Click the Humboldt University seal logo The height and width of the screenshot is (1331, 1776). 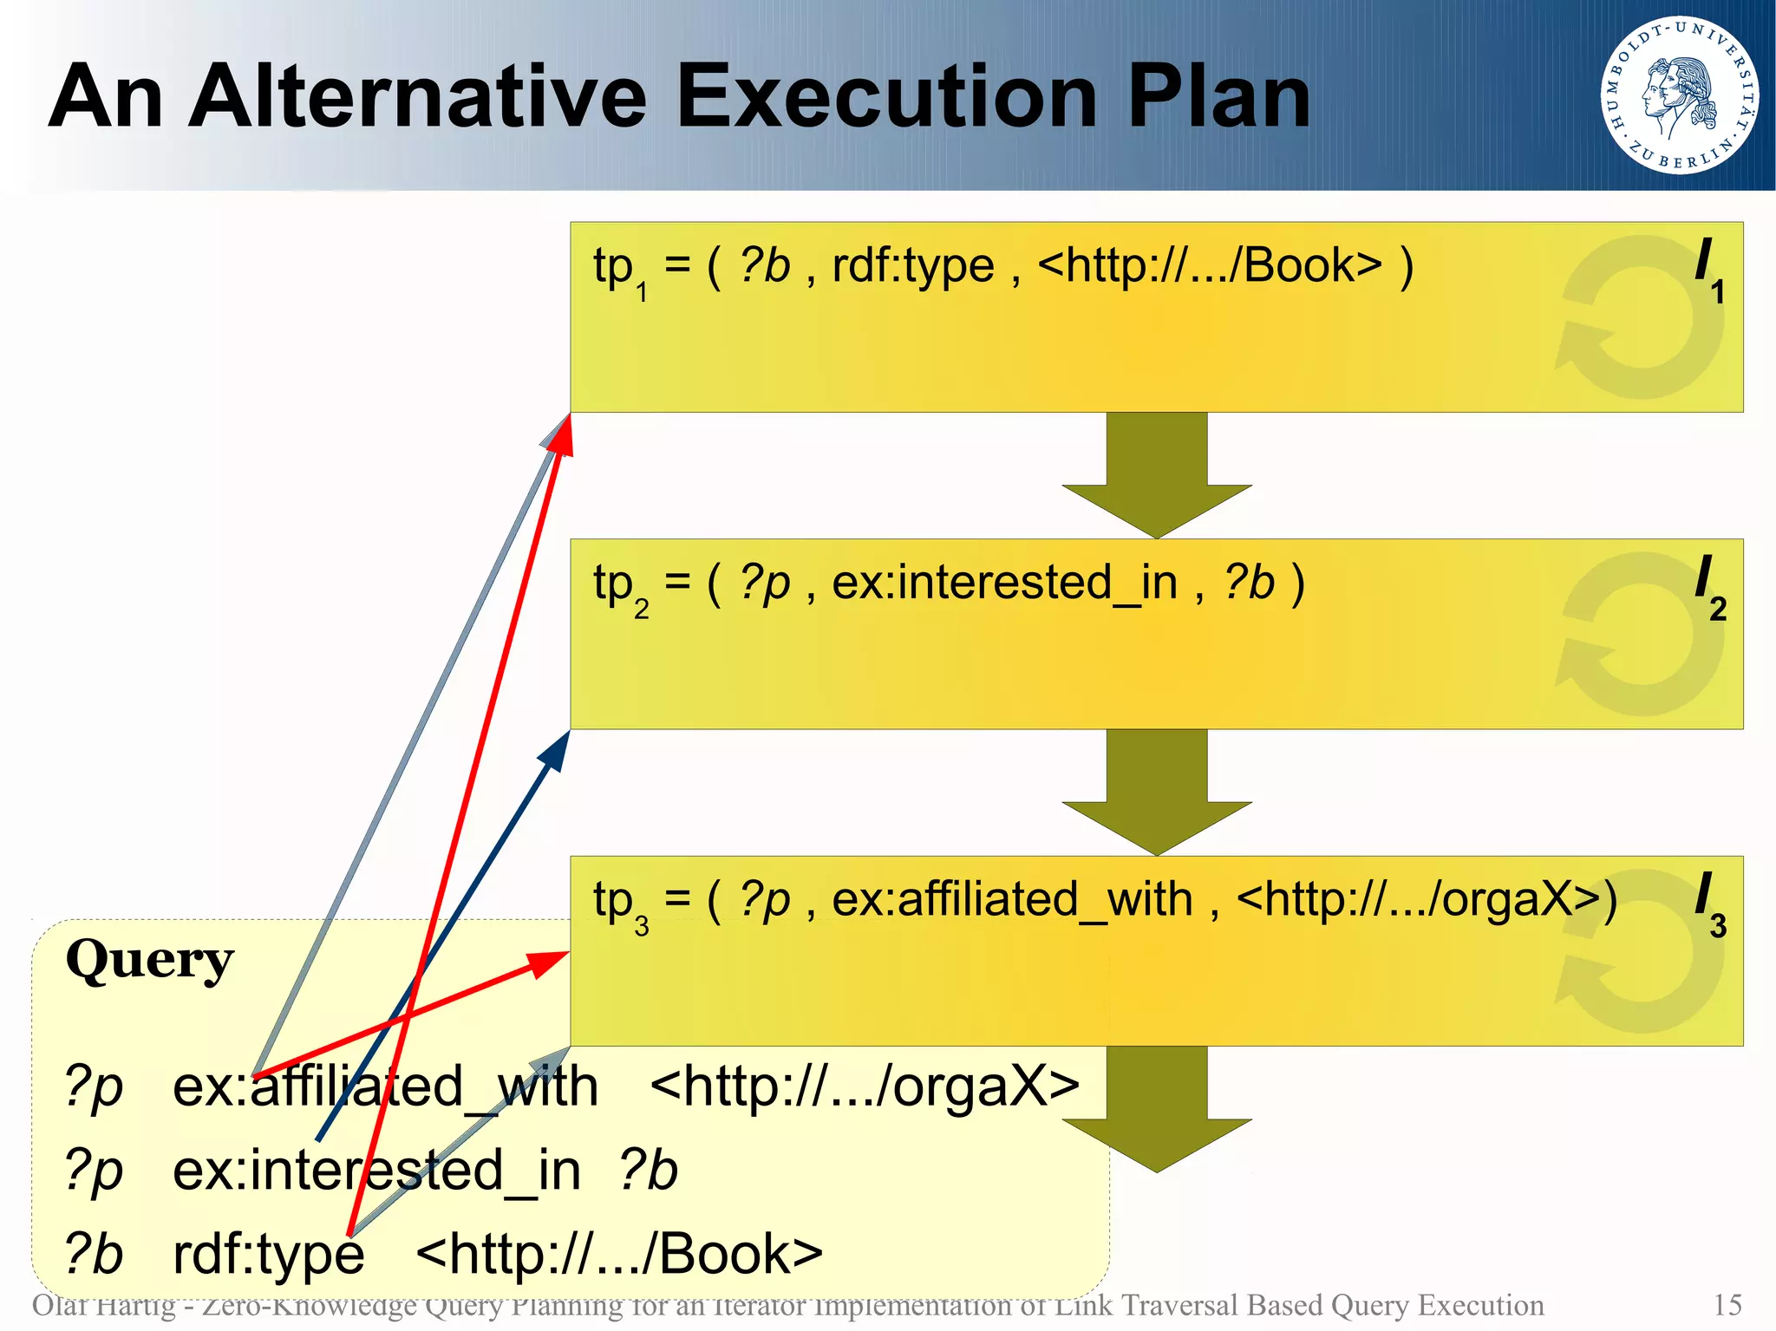(1679, 95)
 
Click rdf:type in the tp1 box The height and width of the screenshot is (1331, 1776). (912, 265)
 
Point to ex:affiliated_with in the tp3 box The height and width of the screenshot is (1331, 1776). (1012, 899)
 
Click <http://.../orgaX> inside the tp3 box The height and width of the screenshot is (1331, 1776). (1426, 899)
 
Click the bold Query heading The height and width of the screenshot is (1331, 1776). (149, 960)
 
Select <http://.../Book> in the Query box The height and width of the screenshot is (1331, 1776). (619, 1254)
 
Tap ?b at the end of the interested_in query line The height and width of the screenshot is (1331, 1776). (648, 1171)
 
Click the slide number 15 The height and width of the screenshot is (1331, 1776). (1727, 1305)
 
